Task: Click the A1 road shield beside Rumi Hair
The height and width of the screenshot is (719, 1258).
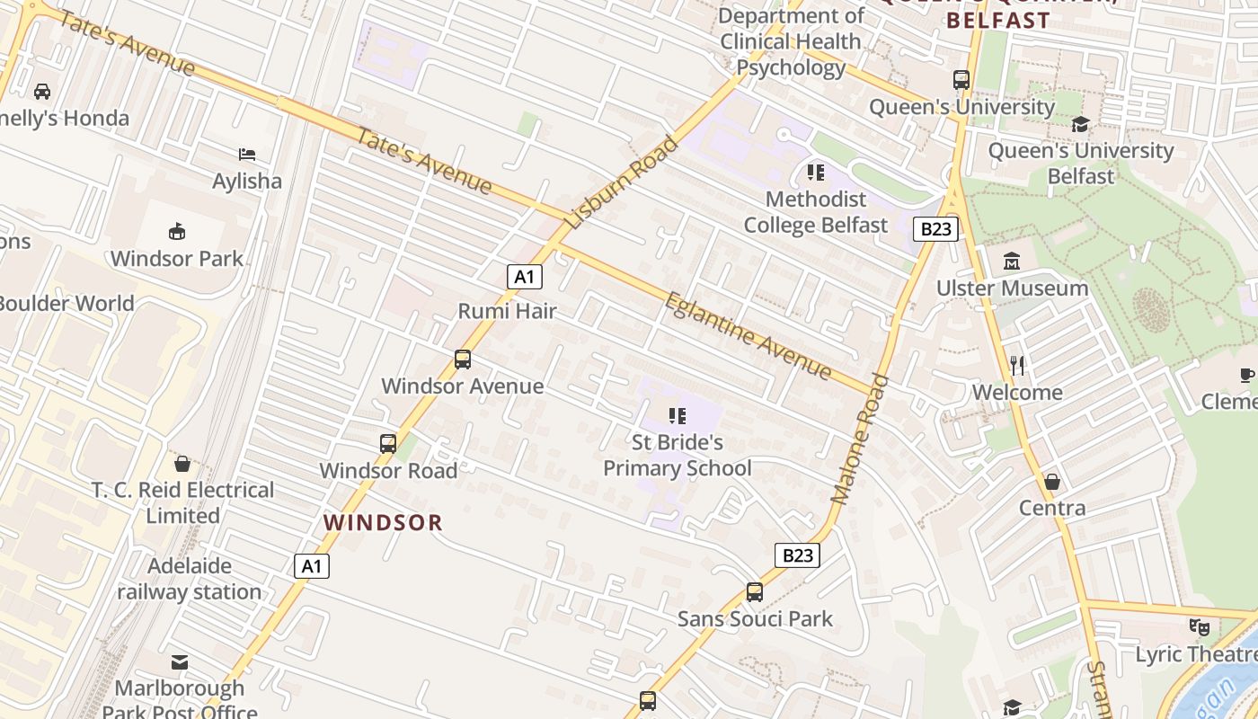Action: coord(524,277)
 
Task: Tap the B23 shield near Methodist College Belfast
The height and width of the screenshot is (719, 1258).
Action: coord(935,229)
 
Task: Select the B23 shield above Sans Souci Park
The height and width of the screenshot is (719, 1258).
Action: coord(797,555)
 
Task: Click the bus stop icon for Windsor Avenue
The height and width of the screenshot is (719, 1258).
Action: coord(463,359)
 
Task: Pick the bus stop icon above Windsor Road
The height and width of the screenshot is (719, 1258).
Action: coord(388,443)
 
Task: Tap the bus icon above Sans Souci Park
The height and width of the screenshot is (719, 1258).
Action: coord(755,592)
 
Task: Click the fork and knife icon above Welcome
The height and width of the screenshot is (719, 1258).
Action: coord(1017,365)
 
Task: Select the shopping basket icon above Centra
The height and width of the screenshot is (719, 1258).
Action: coord(1052,482)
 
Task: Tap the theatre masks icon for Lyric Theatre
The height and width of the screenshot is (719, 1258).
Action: coord(1199,627)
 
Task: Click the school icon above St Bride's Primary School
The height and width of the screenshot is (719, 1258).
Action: coord(678,415)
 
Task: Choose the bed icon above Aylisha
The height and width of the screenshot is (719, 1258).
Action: coord(247,155)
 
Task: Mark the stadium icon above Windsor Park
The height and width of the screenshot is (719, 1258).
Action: coord(177,232)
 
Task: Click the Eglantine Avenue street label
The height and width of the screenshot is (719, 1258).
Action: coord(748,335)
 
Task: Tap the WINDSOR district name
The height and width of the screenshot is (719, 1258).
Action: coord(383,522)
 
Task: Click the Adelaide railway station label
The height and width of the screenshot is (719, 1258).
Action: coord(190,579)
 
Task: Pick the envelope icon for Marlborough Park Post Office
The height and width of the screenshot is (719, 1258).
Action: coord(180,662)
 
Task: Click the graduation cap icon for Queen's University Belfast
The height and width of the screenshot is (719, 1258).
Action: coord(1080,124)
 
